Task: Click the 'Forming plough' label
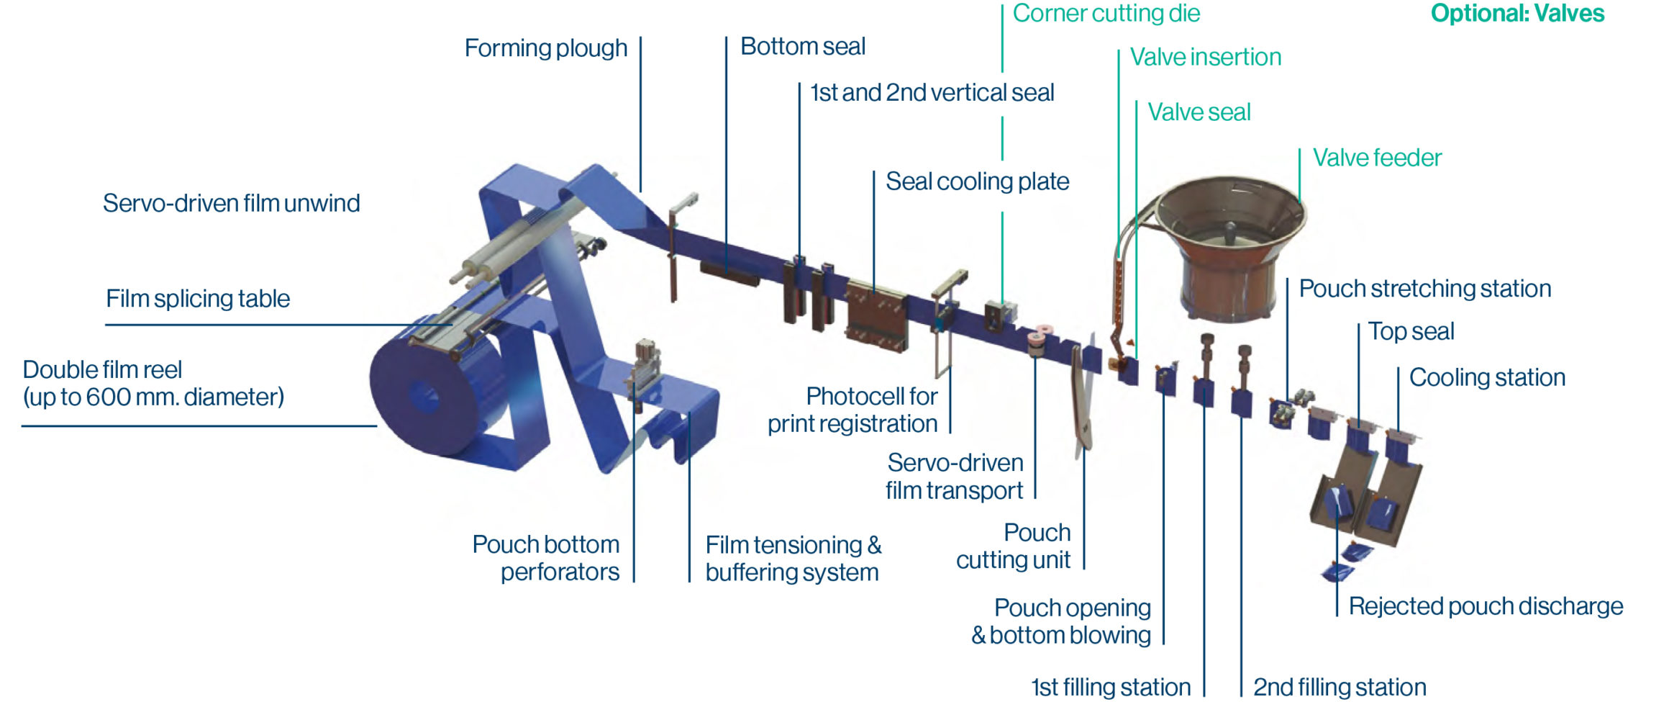point(545,48)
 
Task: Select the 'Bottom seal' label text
point(802,47)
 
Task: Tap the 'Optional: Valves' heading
point(1517,14)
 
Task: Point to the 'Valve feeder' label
point(1377,158)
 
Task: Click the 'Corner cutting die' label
point(1106,14)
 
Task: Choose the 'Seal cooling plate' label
point(977,181)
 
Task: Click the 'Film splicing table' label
point(198,299)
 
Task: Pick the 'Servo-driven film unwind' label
point(231,204)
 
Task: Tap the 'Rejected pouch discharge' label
point(1486,606)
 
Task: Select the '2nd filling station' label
point(1339,687)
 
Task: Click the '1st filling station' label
point(1111,687)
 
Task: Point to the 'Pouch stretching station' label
point(1424,289)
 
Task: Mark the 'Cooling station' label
point(1487,377)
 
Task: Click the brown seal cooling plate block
point(875,317)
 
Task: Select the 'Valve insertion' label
point(1206,58)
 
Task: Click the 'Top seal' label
point(1411,331)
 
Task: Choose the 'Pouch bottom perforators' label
point(546,558)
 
